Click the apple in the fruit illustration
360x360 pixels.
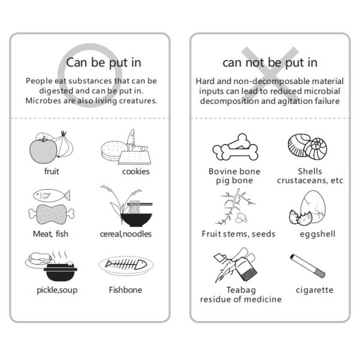pyautogui.click(x=43, y=151)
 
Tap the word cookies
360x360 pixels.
pyautogui.click(x=136, y=172)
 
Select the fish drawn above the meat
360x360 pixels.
pyautogui.click(x=52, y=196)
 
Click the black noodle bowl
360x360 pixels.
pyautogui.click(x=136, y=220)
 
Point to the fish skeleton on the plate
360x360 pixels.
pyautogui.click(x=126, y=265)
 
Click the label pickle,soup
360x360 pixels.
pyautogui.click(x=57, y=290)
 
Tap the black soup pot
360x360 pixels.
pyautogui.click(x=61, y=272)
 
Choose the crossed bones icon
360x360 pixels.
pyautogui.click(x=235, y=148)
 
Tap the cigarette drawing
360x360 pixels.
pyautogui.click(x=307, y=266)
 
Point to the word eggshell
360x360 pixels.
pyautogui.click(x=317, y=234)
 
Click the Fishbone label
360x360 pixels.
pyautogui.click(x=125, y=290)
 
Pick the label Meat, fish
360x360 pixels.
pyautogui.click(x=51, y=234)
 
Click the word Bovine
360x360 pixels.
pyautogui.click(x=222, y=171)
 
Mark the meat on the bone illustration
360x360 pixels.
pyautogui.click(x=52, y=214)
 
